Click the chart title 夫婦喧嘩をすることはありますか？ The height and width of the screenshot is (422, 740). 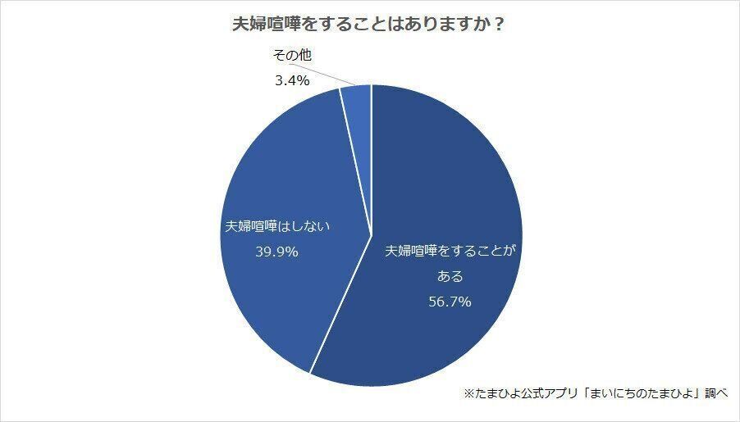368,25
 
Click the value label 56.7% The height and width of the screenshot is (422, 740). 450,302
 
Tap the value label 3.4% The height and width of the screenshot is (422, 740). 291,80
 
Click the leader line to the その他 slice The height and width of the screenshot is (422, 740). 328,75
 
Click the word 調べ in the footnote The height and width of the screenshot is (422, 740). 715,394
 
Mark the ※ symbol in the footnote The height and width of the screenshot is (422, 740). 468,394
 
